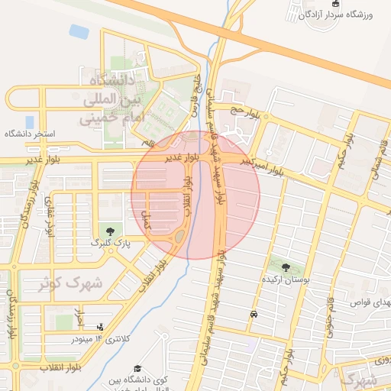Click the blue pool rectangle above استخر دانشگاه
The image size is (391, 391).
pyautogui.click(x=29, y=121)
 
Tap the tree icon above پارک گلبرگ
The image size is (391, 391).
pyautogui.click(x=112, y=230)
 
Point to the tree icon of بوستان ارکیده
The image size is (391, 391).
pyautogui.click(x=286, y=267)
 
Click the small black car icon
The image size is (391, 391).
pyautogui.click(x=253, y=314)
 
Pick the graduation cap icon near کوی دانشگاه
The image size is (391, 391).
pyautogui.click(x=137, y=369)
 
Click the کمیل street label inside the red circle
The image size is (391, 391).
pyautogui.click(x=148, y=220)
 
